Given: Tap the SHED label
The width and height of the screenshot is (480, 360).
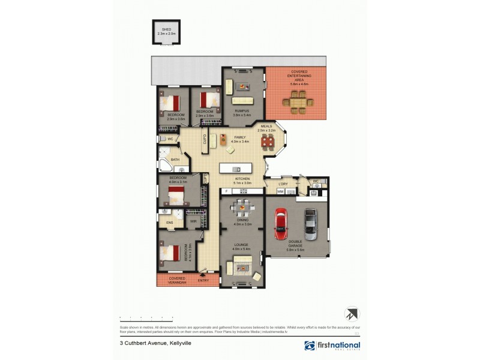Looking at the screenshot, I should pyautogui.click(x=164, y=29).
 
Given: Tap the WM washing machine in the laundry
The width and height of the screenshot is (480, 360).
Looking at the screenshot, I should pyautogui.click(x=280, y=191).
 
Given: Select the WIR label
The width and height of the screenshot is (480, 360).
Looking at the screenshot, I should pyautogui.click(x=193, y=221).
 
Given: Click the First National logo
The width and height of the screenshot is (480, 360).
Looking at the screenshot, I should pyautogui.click(x=332, y=346).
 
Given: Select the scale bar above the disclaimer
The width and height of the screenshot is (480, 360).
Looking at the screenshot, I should pyautogui.click(x=147, y=317).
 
